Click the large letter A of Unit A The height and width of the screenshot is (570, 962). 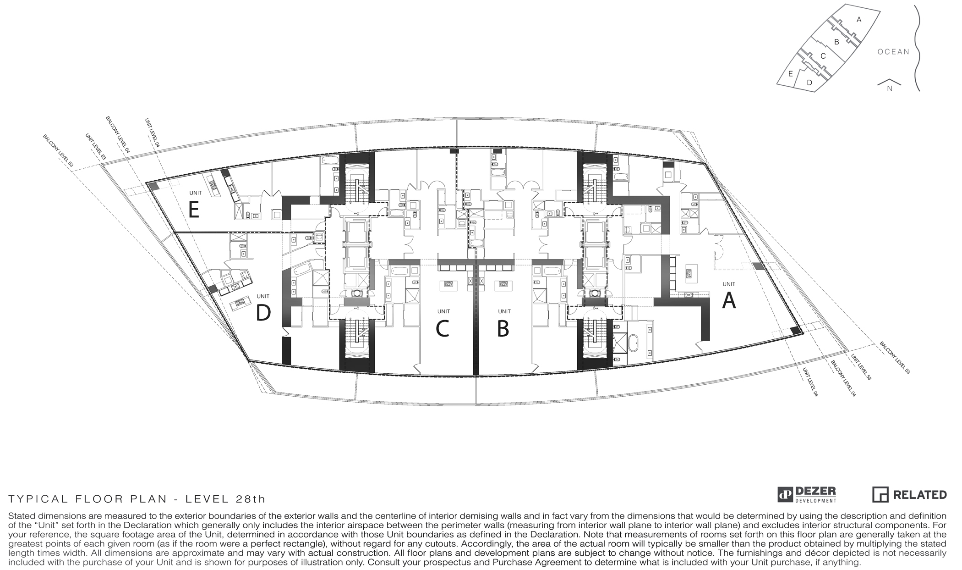click(x=729, y=301)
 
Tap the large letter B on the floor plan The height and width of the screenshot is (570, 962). click(x=503, y=329)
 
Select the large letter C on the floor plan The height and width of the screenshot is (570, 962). click(x=442, y=329)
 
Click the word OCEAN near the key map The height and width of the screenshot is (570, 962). click(x=893, y=52)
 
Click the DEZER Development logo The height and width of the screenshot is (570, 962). click(x=807, y=495)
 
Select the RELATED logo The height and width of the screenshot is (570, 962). click(x=909, y=494)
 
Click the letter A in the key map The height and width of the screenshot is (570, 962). click(x=859, y=20)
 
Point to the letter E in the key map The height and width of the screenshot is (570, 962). click(x=790, y=73)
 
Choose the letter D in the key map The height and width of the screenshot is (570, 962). click(x=809, y=83)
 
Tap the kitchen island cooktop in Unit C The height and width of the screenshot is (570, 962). click(x=448, y=284)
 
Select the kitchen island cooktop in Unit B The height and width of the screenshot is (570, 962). click(x=501, y=284)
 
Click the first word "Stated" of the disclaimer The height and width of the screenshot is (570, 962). click(x=20, y=516)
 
